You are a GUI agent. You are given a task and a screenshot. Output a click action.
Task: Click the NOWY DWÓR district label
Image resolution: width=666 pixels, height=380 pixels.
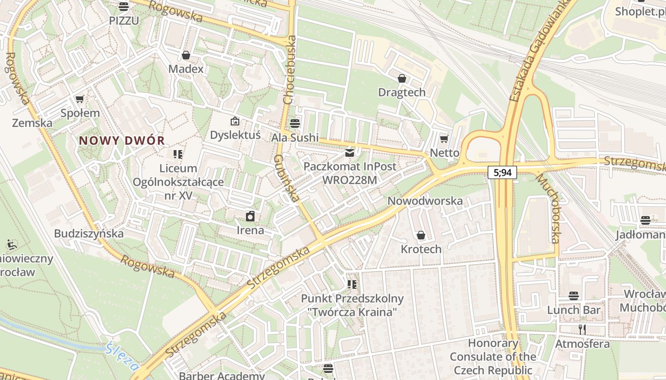[x=122, y=141]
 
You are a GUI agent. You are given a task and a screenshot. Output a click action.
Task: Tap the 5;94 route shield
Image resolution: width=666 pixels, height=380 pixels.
[x=502, y=172]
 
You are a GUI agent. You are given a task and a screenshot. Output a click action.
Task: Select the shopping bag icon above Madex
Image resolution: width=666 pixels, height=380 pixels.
[x=186, y=55]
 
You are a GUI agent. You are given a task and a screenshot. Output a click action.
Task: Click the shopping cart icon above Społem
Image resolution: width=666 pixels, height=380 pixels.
[x=79, y=99]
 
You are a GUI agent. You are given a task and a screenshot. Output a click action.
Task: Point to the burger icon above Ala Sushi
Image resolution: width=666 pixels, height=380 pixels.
[x=295, y=123]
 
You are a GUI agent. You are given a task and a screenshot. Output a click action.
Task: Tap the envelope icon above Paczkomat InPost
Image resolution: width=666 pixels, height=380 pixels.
[x=350, y=153]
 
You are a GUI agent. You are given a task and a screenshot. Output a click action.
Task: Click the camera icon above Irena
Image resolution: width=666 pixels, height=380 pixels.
[x=250, y=217]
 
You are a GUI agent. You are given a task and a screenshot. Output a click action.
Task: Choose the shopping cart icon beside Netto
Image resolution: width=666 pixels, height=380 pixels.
[x=444, y=139]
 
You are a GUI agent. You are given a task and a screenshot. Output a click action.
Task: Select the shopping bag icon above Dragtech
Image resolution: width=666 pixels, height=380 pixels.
[x=402, y=78]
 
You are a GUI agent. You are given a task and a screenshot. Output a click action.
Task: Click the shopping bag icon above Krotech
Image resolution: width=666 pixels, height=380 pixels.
[x=421, y=235]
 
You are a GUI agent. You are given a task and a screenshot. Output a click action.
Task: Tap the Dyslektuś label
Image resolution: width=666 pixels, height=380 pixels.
[x=235, y=135]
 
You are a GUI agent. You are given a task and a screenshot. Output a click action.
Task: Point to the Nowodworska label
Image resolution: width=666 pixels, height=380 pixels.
[x=425, y=201]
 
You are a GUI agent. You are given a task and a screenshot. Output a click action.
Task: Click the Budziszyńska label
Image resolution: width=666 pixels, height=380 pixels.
[x=88, y=234]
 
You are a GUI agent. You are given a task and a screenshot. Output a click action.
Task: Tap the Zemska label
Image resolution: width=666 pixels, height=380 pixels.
[x=32, y=123]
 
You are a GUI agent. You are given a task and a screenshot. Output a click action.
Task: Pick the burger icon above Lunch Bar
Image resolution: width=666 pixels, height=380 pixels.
[x=574, y=296]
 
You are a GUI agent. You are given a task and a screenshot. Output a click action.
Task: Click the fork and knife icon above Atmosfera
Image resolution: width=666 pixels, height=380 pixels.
[x=582, y=329]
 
